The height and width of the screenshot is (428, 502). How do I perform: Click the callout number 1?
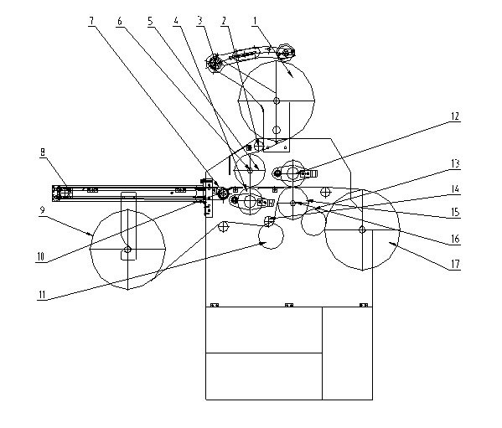(x=255, y=22)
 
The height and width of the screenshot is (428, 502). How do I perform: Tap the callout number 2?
(x=224, y=22)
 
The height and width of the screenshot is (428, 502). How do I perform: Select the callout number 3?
(x=199, y=22)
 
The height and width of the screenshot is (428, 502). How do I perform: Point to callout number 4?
(x=176, y=22)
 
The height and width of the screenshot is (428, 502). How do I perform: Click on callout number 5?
(x=150, y=22)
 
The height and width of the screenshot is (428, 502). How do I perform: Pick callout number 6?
(x=120, y=22)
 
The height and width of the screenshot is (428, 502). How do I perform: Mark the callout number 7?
(x=91, y=22)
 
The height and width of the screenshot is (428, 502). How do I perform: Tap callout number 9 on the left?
(x=42, y=210)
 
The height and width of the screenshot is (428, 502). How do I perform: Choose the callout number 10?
(x=41, y=257)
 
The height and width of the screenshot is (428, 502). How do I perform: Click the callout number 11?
(x=42, y=295)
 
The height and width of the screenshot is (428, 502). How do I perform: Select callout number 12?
(x=455, y=116)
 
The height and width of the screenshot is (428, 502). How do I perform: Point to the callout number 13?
(x=455, y=164)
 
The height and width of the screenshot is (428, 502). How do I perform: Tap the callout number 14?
(x=455, y=189)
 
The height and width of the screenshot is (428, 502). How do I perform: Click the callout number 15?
(x=455, y=213)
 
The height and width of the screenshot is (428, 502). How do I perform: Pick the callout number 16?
(x=455, y=239)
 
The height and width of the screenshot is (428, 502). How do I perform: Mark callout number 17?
(x=455, y=265)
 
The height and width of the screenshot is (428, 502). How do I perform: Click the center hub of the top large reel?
(x=277, y=101)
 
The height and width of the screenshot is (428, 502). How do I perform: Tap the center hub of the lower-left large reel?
(x=127, y=250)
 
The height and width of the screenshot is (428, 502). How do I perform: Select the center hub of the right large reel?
(x=362, y=229)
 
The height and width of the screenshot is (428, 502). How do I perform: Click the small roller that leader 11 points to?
(x=271, y=236)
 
